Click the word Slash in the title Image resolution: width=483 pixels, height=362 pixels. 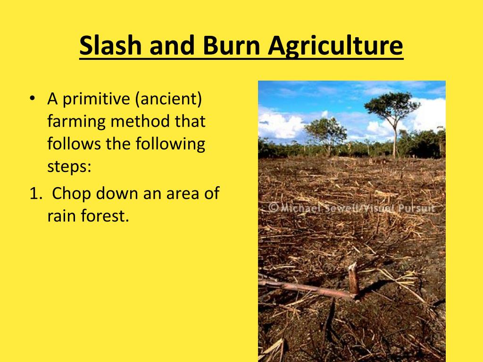point(110,45)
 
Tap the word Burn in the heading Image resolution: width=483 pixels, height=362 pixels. point(231,45)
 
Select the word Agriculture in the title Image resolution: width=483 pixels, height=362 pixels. point(335,46)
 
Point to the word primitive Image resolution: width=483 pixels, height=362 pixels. point(96,99)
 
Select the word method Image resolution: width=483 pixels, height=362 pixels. point(141,121)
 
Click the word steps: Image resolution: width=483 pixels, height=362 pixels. point(69,167)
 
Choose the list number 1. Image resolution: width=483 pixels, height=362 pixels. point(35,194)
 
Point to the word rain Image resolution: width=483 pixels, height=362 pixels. point(62,215)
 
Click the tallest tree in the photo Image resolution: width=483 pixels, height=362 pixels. point(392,123)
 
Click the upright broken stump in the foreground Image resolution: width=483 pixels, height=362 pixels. point(354,279)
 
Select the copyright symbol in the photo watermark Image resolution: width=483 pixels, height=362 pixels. point(273,208)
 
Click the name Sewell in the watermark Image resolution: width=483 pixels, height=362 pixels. point(342,208)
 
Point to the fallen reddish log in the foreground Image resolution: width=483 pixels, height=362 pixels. point(305,289)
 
